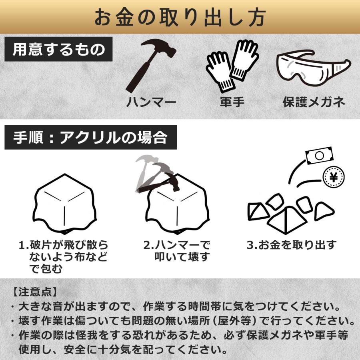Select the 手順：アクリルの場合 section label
coord(90,138)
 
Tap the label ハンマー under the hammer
coord(151,102)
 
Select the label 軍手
coord(232,102)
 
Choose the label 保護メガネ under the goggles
coord(314,102)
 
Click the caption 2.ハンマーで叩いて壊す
coord(176,251)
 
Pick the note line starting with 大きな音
coord(176,308)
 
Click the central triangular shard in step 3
coord(287,219)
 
